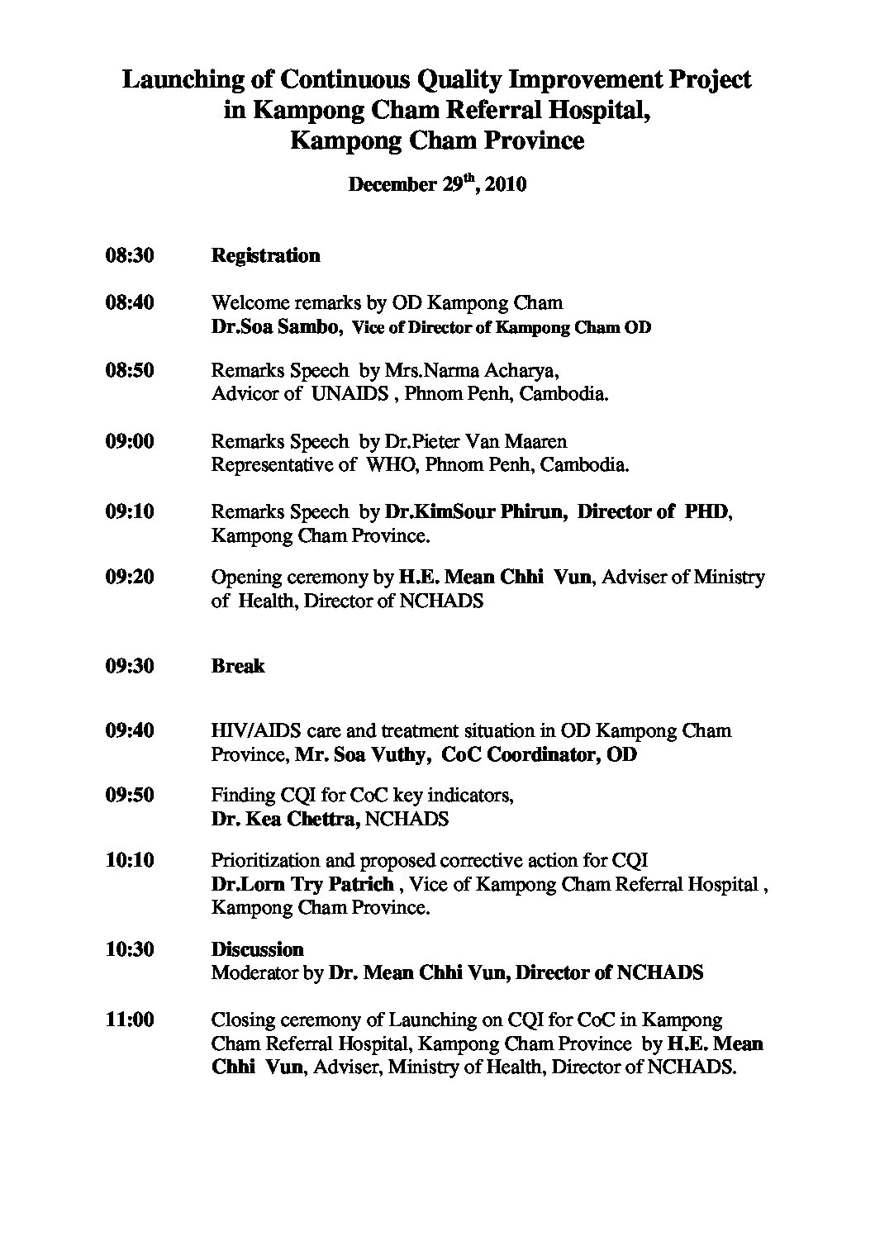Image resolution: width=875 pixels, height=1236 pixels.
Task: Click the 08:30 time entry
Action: click(x=130, y=255)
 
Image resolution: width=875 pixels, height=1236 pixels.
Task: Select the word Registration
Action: click(x=265, y=255)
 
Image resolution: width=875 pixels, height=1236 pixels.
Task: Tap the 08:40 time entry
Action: click(x=130, y=302)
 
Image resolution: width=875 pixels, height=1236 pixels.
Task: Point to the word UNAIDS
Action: click(x=350, y=393)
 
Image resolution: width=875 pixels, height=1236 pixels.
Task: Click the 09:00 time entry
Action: click(x=130, y=441)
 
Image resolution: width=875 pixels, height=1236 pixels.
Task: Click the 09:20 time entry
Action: click(x=130, y=577)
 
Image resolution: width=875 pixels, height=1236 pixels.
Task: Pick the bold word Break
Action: click(x=238, y=666)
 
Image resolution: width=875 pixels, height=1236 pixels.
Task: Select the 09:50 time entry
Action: click(x=130, y=795)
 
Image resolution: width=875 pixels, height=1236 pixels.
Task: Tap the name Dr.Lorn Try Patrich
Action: click(x=302, y=884)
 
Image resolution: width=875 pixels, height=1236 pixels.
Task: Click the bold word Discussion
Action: click(x=258, y=949)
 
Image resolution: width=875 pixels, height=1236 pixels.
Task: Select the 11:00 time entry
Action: click(x=130, y=1020)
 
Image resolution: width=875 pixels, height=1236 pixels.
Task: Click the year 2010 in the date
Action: click(x=506, y=184)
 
